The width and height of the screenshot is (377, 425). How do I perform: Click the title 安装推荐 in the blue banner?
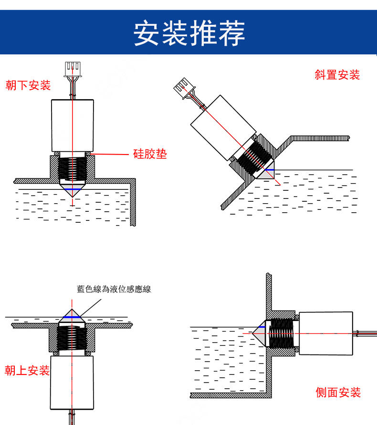click(189, 33)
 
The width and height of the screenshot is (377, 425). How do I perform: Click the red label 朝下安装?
click(28, 85)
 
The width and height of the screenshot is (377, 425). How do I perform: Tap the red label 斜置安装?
click(337, 75)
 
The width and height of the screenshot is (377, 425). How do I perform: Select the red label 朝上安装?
click(27, 370)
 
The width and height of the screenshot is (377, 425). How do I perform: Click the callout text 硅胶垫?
click(150, 154)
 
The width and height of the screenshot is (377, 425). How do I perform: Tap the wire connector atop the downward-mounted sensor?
click(73, 69)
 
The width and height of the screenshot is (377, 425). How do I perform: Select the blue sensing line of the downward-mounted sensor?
click(73, 189)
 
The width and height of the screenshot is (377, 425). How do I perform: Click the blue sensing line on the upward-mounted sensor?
click(72, 316)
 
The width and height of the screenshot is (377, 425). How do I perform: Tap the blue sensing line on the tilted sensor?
click(270, 169)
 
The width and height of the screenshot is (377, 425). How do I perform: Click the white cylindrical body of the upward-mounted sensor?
click(72, 382)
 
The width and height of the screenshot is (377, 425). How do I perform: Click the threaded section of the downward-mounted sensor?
click(72, 169)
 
